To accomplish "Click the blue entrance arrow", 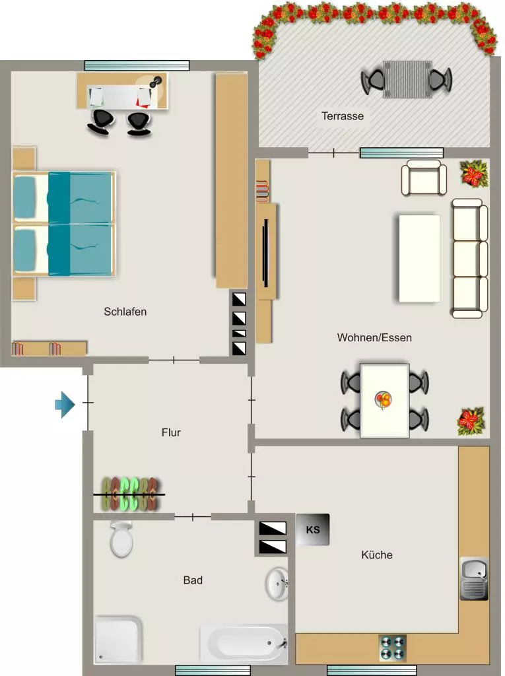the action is tap(65, 405).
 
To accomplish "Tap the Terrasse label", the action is tap(343, 116).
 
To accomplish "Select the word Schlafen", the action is tap(125, 312).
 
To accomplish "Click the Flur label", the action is tap(171, 432).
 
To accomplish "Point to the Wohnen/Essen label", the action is tap(374, 337).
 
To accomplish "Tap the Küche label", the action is tap(377, 555).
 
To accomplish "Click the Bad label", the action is tap(193, 580).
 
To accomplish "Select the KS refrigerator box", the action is tap(313, 529).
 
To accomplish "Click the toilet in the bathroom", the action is tap(121, 539).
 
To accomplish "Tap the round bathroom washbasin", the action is tap(277, 584).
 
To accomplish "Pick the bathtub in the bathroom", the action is tap(244, 644).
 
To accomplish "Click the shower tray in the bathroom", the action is tap(118, 640).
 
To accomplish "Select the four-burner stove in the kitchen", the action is tap(392, 648).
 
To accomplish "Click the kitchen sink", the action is tap(474, 578).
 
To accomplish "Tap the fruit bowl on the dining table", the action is tap(384, 400).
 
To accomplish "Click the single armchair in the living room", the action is tap(424, 178).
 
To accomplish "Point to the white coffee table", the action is tap(419, 259).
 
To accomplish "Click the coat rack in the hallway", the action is tap(129, 494).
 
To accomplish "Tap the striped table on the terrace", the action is tap(407, 79).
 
